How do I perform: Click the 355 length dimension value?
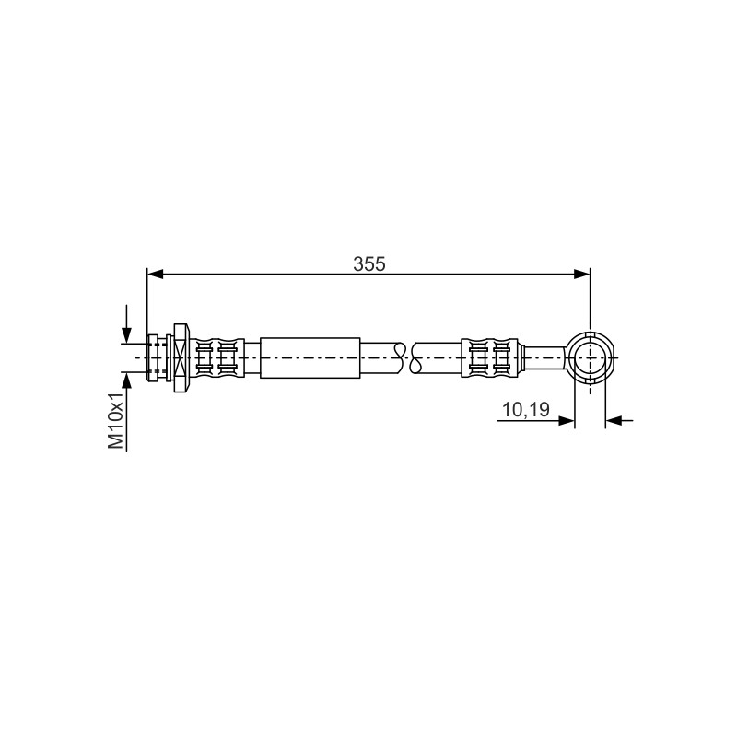(369, 264)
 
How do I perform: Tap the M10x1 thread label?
(116, 420)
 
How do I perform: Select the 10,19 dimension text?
(526, 409)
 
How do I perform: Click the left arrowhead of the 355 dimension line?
(155, 274)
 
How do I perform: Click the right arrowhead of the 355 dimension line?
(582, 274)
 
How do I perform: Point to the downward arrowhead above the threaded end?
(126, 335)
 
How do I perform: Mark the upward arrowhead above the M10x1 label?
(126, 380)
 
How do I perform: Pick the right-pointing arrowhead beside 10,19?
(567, 421)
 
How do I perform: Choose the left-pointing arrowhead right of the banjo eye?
(614, 421)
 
